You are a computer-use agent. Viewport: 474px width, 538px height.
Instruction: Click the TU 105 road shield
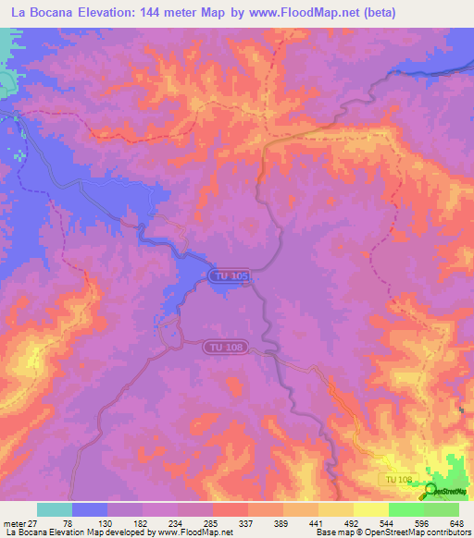coord(229,275)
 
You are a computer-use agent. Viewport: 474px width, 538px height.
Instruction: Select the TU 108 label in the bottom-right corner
coord(397,478)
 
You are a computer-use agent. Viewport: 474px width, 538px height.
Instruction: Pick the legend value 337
coord(247,522)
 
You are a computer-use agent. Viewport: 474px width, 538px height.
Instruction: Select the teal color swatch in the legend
coord(55,509)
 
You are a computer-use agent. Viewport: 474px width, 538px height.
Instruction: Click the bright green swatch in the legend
coord(406,509)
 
